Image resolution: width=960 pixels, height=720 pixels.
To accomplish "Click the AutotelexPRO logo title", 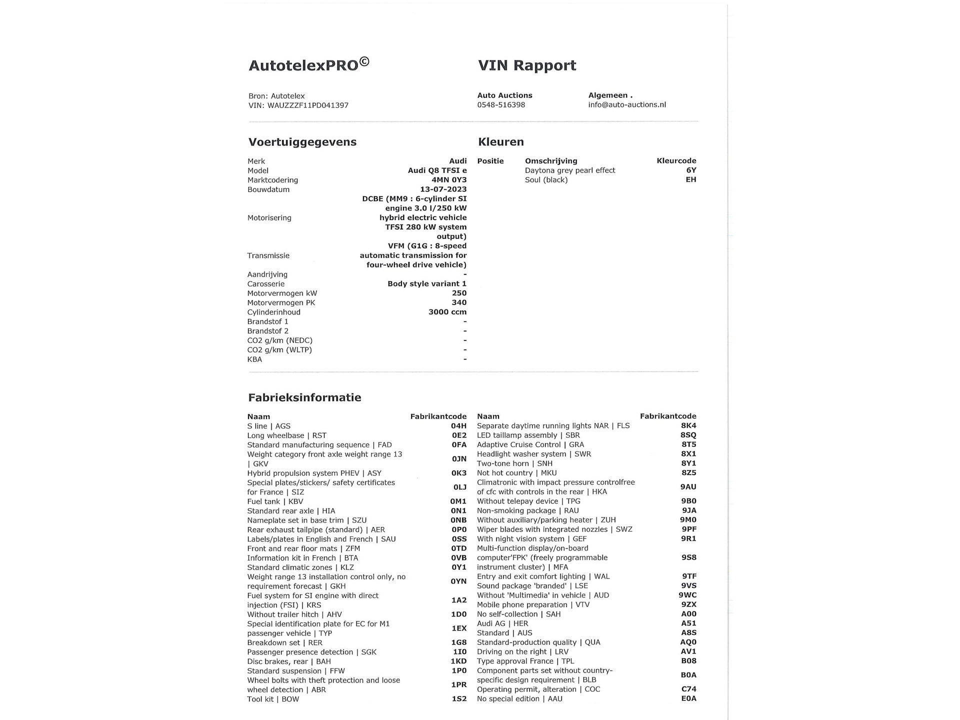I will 308,65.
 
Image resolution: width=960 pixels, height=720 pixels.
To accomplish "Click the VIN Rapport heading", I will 527,65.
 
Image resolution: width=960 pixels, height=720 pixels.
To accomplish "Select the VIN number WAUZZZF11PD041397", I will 308,105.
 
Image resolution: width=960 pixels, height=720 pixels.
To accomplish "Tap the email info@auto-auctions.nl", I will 627,105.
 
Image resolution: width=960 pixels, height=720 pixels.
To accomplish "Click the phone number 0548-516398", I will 501,105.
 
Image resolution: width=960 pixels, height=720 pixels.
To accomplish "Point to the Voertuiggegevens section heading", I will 302,142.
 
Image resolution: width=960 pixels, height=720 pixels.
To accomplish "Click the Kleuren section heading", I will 500,142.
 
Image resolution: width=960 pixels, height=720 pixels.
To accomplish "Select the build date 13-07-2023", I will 443,189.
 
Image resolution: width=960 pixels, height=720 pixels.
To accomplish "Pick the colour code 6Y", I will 691,170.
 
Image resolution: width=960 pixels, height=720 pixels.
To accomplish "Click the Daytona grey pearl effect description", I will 570,170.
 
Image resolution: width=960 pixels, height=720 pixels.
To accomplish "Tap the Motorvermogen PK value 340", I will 459,302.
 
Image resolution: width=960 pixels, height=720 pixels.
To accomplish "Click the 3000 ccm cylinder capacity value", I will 447,312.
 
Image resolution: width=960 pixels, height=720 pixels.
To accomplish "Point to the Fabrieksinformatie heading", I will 304,397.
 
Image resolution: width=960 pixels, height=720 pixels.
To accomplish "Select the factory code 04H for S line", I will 458,426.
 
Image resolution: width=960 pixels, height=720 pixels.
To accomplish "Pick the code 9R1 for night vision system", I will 688,538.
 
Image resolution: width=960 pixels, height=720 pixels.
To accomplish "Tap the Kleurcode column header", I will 676,161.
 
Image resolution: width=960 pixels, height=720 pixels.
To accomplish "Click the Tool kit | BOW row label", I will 273,699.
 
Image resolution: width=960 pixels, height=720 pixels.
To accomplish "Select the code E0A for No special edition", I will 688,698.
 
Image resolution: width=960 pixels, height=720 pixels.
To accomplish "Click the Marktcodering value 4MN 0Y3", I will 449,180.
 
